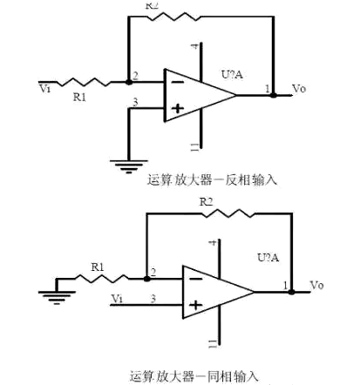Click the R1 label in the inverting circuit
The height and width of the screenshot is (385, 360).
pyautogui.click(x=79, y=98)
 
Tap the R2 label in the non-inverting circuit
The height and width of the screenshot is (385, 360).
pyautogui.click(x=207, y=201)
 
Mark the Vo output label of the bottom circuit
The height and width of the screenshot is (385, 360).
pyautogui.click(x=316, y=286)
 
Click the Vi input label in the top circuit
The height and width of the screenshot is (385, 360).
pyautogui.click(x=45, y=87)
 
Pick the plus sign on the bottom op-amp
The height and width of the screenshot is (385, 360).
pyautogui.click(x=196, y=306)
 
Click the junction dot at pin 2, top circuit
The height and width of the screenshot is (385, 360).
pyautogui.click(x=127, y=84)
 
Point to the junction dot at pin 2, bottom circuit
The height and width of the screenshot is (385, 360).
pyautogui.click(x=145, y=279)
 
